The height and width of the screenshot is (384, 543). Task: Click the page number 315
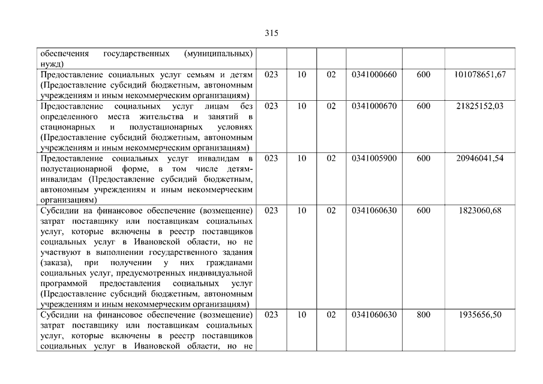pyautogui.click(x=271, y=34)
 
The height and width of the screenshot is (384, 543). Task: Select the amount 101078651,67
pyautogui.click(x=481, y=74)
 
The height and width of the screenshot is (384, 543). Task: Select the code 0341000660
pyautogui.click(x=373, y=74)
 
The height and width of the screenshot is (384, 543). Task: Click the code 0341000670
pyautogui.click(x=373, y=106)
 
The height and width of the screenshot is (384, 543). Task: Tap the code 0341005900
pyautogui.click(x=373, y=159)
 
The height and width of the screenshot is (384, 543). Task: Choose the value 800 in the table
pyautogui.click(x=423, y=314)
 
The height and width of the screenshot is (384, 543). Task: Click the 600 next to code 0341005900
pyautogui.click(x=423, y=159)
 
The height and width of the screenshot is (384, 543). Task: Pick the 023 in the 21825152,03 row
pyautogui.click(x=271, y=106)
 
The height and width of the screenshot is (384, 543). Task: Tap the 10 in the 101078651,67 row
pyautogui.click(x=302, y=74)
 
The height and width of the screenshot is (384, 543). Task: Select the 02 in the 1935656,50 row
pyautogui.click(x=331, y=314)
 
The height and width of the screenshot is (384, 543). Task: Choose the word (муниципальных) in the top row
pyautogui.click(x=220, y=53)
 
